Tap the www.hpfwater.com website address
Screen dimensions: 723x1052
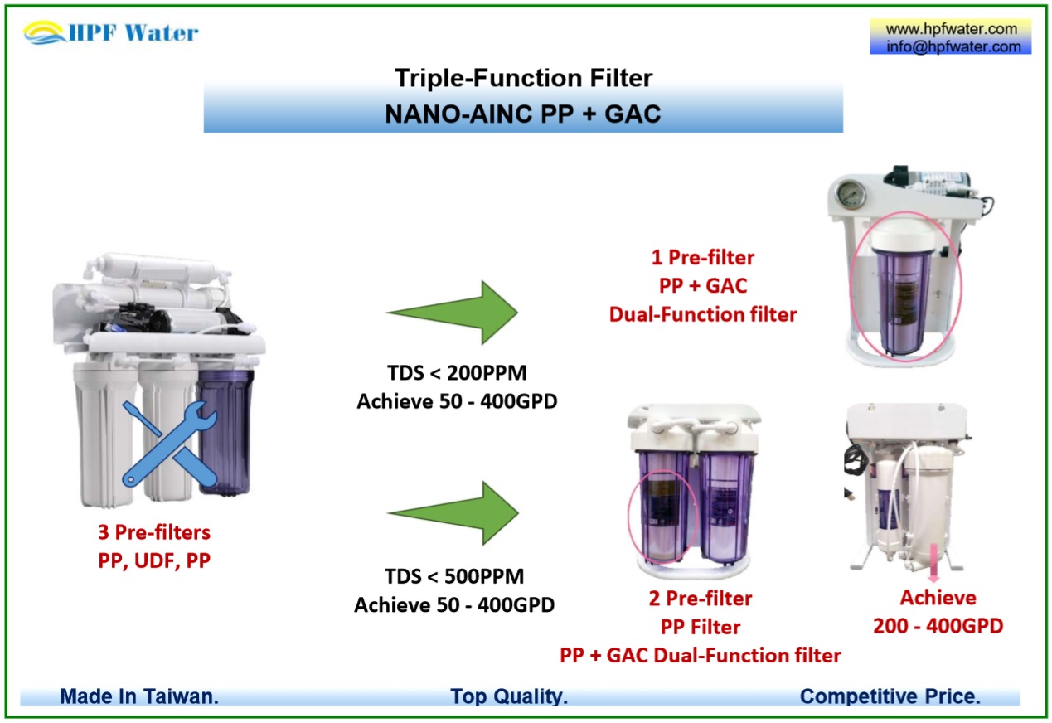(x=950, y=29)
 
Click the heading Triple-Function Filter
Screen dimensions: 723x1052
(x=523, y=79)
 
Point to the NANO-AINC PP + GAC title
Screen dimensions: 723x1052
(x=523, y=114)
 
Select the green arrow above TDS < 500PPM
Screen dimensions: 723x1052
(x=453, y=512)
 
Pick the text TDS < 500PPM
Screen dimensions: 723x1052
(x=453, y=575)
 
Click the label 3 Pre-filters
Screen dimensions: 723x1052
(x=155, y=531)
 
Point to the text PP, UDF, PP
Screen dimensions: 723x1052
(x=155, y=560)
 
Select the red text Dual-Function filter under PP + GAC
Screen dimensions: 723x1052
(x=702, y=314)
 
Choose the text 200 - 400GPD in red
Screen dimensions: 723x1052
(x=938, y=626)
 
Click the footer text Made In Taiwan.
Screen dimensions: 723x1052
(x=139, y=696)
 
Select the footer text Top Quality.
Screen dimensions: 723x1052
(x=509, y=696)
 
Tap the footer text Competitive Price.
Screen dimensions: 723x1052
(x=890, y=696)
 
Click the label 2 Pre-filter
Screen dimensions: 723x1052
(x=701, y=598)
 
